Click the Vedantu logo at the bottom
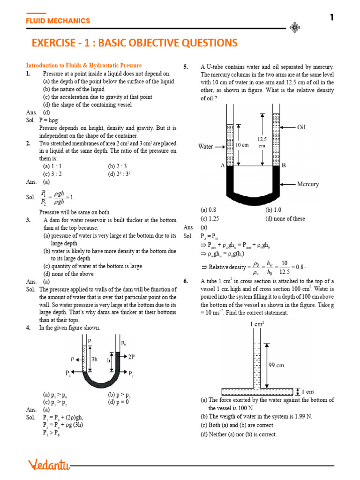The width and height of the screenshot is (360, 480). [x=49, y=465]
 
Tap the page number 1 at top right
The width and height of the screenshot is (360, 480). [x=332, y=18]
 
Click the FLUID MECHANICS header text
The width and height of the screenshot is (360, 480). [x=58, y=21]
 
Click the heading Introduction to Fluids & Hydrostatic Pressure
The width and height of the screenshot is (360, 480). [x=84, y=66]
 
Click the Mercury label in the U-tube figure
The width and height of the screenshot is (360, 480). [x=308, y=184]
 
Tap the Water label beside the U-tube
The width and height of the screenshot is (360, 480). [x=206, y=147]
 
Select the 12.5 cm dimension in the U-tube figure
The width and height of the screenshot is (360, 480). [x=262, y=142]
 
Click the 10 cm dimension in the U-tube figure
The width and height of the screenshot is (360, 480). [x=242, y=145]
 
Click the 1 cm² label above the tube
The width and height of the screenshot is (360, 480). [x=256, y=324]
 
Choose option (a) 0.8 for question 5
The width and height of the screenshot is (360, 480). [x=208, y=210]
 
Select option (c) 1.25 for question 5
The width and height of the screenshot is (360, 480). [x=210, y=218]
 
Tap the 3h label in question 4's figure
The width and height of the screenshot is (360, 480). [x=94, y=359]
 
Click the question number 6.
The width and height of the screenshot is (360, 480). [x=186, y=281]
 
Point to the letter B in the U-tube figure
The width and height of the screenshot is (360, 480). [x=284, y=165]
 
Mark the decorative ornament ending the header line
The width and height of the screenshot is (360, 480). [x=295, y=28]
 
